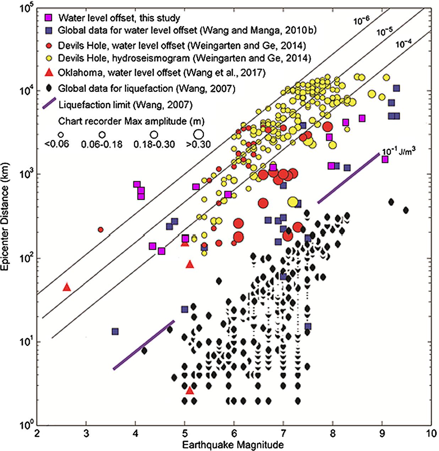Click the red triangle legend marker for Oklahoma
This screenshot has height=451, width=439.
[49, 73]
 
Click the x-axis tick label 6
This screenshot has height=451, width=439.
[234, 434]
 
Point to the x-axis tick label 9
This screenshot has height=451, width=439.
[382, 434]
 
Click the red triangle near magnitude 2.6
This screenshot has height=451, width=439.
[67, 287]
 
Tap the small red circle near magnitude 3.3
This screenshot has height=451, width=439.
[101, 230]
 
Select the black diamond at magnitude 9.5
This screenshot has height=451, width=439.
[406, 210]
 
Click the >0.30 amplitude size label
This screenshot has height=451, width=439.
[199, 144]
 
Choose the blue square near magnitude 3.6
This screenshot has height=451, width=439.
[115, 331]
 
